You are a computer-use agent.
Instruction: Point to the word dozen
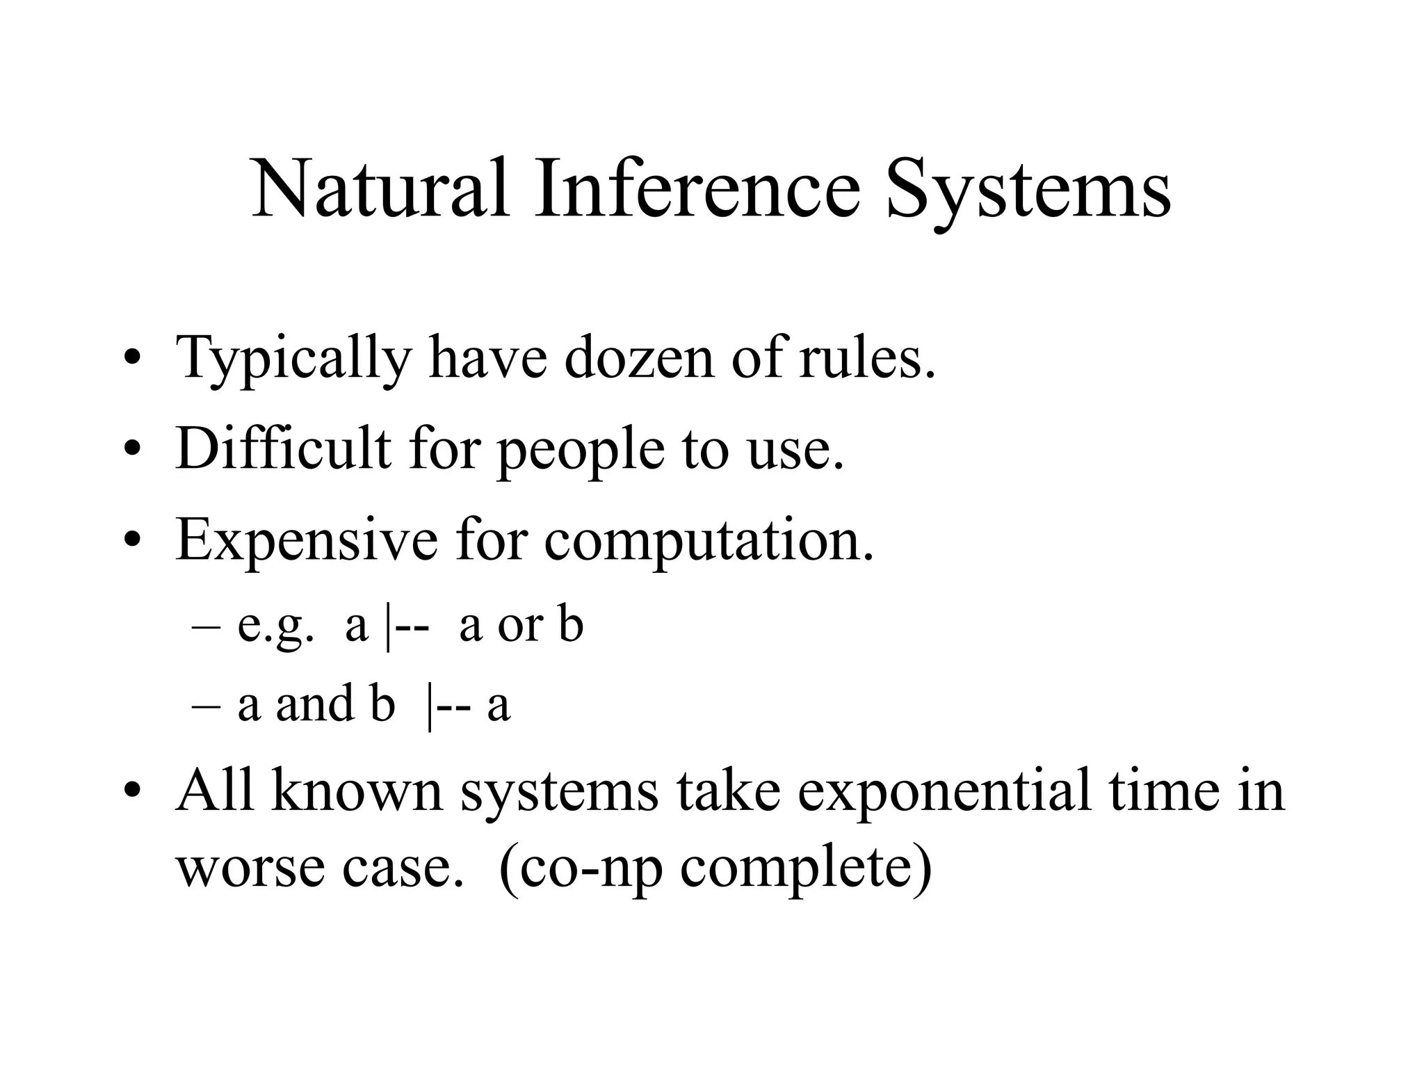639,357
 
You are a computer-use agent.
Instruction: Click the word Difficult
283,448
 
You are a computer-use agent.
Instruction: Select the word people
581,451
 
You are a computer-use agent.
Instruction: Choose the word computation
709,541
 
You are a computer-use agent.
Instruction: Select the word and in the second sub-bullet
315,704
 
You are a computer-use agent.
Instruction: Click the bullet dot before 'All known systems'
133,791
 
